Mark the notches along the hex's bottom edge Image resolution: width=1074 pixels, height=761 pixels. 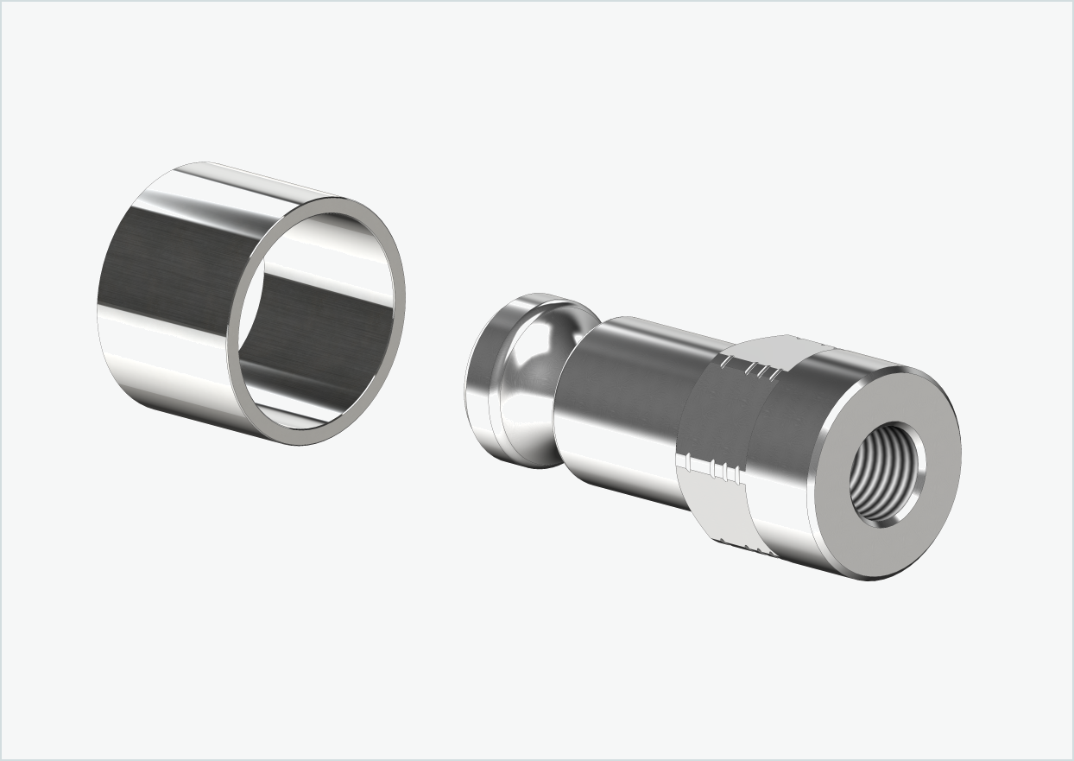pyautogui.click(x=734, y=546)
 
